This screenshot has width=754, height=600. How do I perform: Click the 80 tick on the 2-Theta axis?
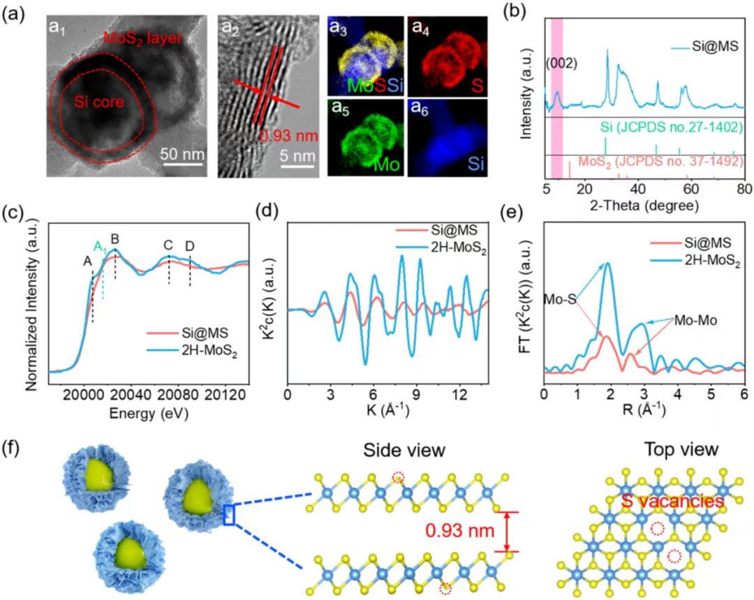point(745,188)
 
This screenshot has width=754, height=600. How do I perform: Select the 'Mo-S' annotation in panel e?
point(561,297)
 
